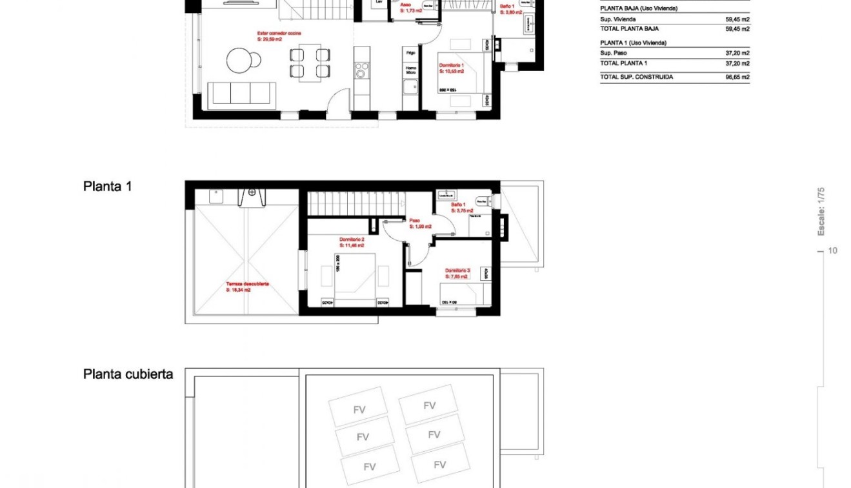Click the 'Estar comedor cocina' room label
279,33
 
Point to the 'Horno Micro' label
410,70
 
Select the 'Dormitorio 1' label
452,65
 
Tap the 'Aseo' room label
406,4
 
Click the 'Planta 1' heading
107,187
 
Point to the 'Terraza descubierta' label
247,284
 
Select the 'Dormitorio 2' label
352,239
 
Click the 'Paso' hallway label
414,220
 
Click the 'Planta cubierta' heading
128,374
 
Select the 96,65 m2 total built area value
737,77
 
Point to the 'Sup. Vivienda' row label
617,19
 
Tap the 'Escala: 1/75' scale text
821,211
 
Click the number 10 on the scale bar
832,250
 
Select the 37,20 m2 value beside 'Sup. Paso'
737,53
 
